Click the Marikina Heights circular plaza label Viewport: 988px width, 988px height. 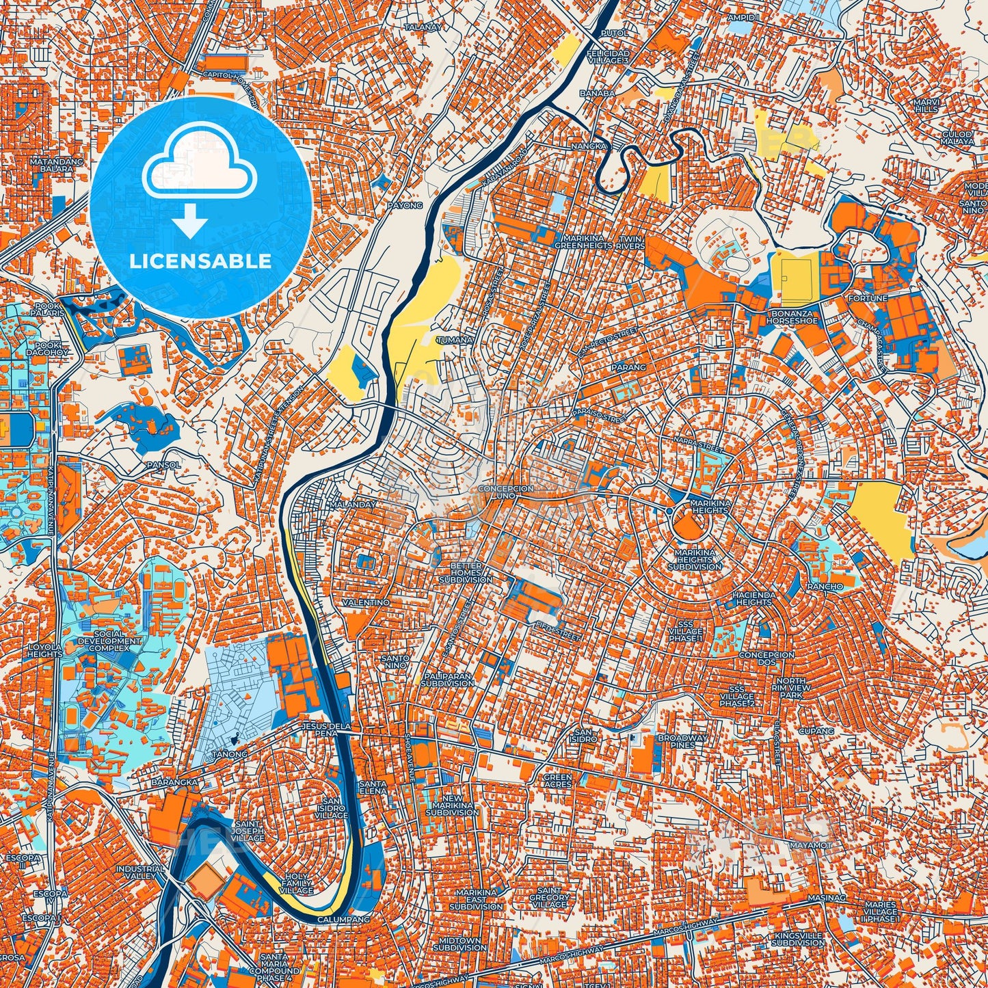[711, 507]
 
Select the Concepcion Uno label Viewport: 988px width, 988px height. [506, 493]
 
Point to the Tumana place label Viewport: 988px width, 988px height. [456, 340]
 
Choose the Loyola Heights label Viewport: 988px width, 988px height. [45, 650]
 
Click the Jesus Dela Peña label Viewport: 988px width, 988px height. [320, 729]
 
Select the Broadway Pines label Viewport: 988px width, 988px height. [683, 741]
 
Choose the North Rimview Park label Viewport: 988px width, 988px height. [790, 686]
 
